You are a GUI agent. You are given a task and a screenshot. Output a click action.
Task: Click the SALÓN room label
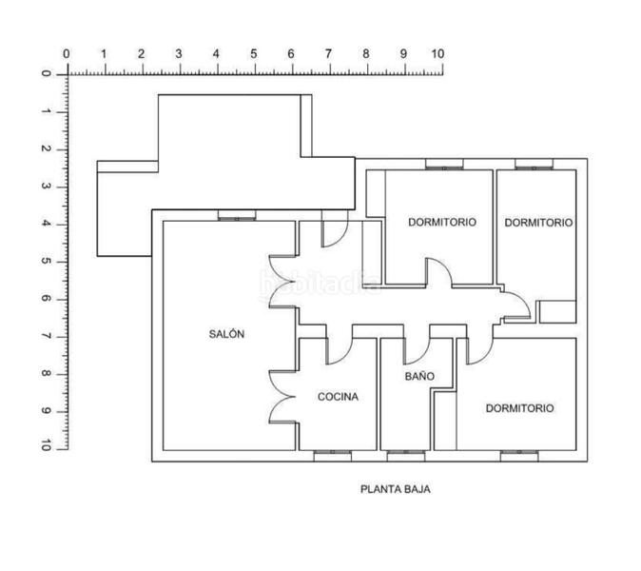227,334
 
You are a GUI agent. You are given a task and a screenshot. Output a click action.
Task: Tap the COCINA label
338,397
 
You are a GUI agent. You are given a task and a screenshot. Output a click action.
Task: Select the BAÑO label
419,377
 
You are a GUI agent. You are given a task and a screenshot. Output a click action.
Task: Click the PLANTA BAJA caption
396,490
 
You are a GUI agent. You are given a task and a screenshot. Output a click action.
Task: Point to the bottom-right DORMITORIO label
519,408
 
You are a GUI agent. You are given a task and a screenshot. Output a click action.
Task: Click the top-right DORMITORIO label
538,223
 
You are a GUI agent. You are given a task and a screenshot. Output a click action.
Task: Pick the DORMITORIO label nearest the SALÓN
442,223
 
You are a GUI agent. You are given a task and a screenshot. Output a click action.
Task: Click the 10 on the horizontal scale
437,54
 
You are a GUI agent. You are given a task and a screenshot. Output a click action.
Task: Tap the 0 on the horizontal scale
66,54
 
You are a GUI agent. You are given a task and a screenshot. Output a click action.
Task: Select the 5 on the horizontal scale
253,54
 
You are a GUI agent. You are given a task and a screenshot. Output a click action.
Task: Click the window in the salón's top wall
236,217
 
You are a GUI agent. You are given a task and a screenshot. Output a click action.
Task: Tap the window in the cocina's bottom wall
332,455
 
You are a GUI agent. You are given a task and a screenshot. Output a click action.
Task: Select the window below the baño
405,455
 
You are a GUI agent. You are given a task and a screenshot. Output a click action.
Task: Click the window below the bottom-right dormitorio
518,455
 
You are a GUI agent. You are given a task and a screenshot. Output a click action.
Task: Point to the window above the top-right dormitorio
534,165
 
